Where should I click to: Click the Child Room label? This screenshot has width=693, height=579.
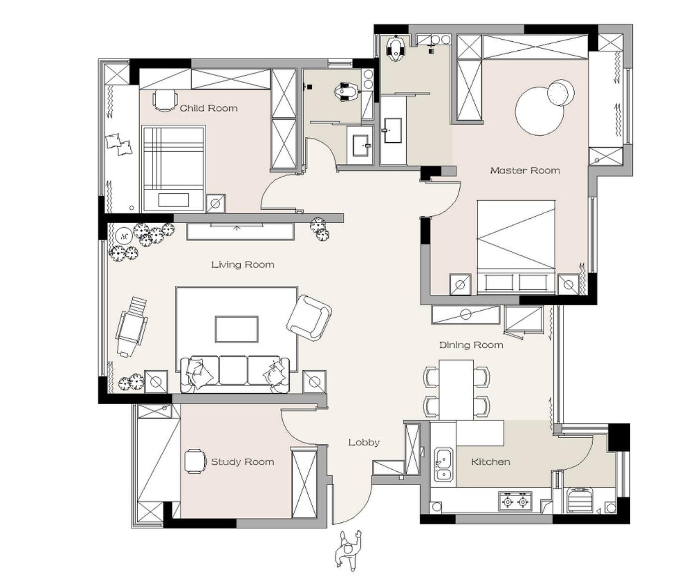(x=208, y=108)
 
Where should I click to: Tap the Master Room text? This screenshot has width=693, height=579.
(x=524, y=170)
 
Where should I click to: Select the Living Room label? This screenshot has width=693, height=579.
(x=243, y=265)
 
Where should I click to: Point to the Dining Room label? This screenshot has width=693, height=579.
(x=471, y=345)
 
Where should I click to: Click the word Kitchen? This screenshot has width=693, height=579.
(x=490, y=462)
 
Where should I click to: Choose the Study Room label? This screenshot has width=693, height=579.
(x=243, y=462)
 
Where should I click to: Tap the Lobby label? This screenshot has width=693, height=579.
(x=363, y=442)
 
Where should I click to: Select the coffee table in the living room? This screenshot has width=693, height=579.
(x=237, y=329)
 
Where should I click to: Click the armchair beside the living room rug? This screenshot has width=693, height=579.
(x=309, y=318)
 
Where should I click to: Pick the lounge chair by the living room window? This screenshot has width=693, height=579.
(x=132, y=327)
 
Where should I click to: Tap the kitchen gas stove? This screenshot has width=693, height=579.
(x=515, y=501)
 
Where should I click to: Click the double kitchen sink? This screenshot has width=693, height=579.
(x=444, y=465)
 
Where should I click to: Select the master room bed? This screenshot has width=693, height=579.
(x=516, y=247)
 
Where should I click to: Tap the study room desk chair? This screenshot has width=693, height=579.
(x=195, y=461)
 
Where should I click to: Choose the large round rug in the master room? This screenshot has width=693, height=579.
(x=539, y=111)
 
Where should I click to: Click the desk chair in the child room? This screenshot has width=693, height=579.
(x=165, y=99)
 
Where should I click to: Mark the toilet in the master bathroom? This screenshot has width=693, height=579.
(x=396, y=48)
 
